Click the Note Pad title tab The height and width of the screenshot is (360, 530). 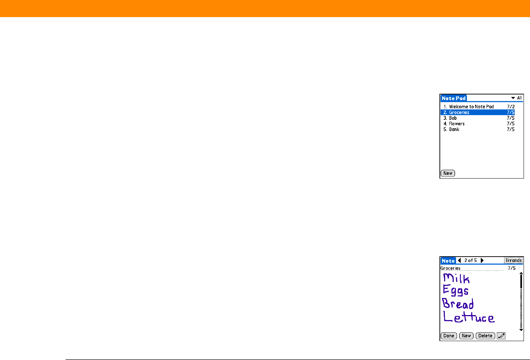tap(453, 98)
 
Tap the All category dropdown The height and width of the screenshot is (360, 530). tap(516, 98)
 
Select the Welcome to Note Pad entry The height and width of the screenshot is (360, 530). tap(471, 107)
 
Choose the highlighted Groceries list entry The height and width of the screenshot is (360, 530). tap(459, 112)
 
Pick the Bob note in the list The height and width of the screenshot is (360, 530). tap(453, 118)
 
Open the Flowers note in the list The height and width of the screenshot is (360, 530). tap(457, 124)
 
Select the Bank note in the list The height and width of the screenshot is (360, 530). tap(454, 129)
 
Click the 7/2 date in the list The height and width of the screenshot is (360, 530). tap(511, 107)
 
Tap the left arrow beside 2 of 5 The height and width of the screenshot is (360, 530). tap(459, 261)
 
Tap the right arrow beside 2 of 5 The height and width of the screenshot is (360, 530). tap(482, 261)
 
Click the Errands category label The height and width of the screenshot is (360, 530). tap(514, 261)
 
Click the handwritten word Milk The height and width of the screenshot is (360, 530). tap(456, 278)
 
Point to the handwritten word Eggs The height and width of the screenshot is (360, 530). tap(456, 291)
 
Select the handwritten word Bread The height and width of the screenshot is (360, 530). tap(458, 304)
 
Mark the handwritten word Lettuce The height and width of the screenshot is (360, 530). tap(469, 317)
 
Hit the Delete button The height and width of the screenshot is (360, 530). tap(485, 336)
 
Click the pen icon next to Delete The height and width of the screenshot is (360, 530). tap(501, 336)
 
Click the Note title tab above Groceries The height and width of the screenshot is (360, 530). tap(448, 261)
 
